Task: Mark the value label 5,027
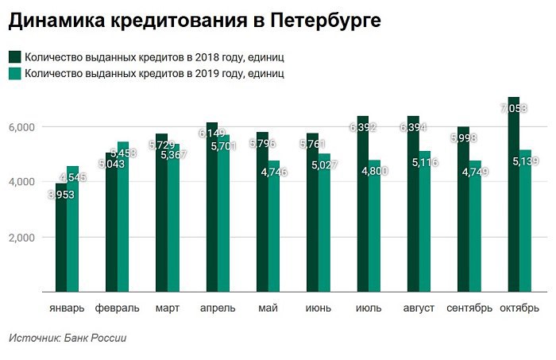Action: [x=324, y=165]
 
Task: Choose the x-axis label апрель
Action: [x=217, y=308]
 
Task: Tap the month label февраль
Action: [x=117, y=308]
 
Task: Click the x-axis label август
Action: [x=418, y=308]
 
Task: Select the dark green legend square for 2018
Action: [x=15, y=57]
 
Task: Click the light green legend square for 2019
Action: [x=15, y=74]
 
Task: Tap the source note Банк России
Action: [x=98, y=338]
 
